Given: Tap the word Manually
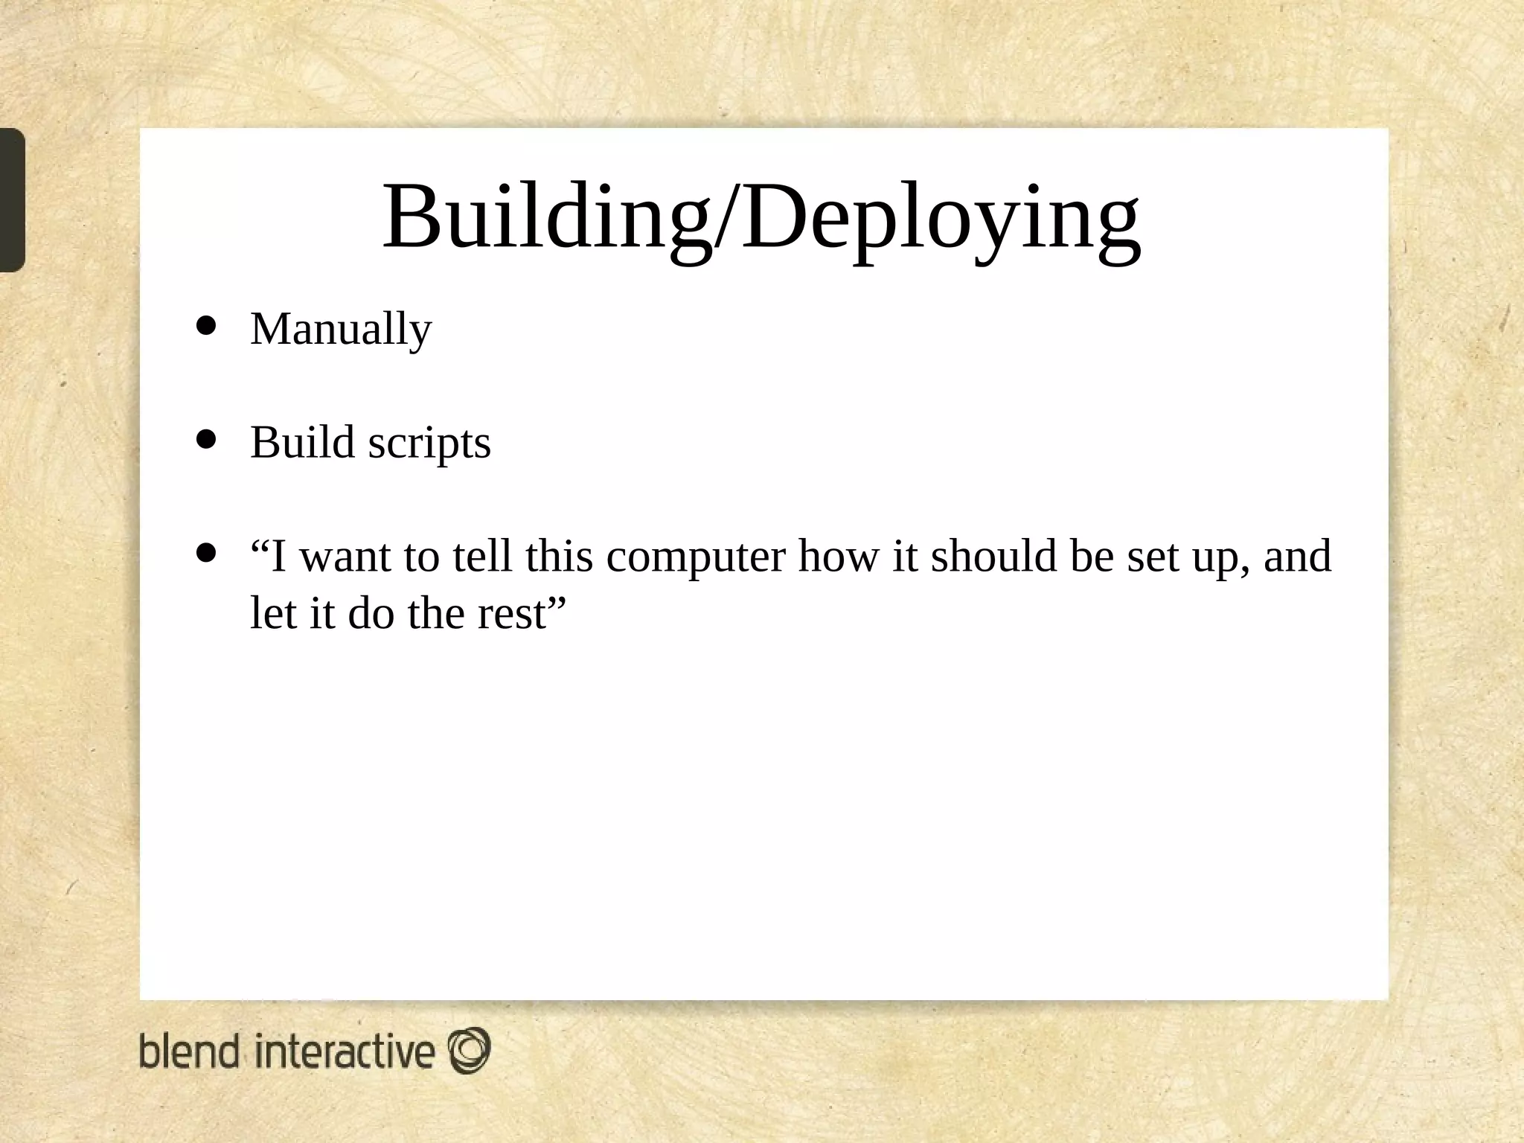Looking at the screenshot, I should coord(341,329).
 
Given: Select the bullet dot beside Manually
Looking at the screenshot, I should coord(205,326).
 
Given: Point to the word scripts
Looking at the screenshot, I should coord(429,444).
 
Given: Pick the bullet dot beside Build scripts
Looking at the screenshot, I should coord(205,440).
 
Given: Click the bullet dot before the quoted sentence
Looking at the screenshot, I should coord(205,553).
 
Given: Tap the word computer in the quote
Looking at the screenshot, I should coord(696,557).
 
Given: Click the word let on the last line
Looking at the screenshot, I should coord(272,614).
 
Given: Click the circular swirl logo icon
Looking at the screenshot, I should coord(469,1050).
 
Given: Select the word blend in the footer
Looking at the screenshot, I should coord(189,1051).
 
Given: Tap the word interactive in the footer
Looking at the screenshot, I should coord(345,1051).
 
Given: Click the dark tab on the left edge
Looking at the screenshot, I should coord(12,199).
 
